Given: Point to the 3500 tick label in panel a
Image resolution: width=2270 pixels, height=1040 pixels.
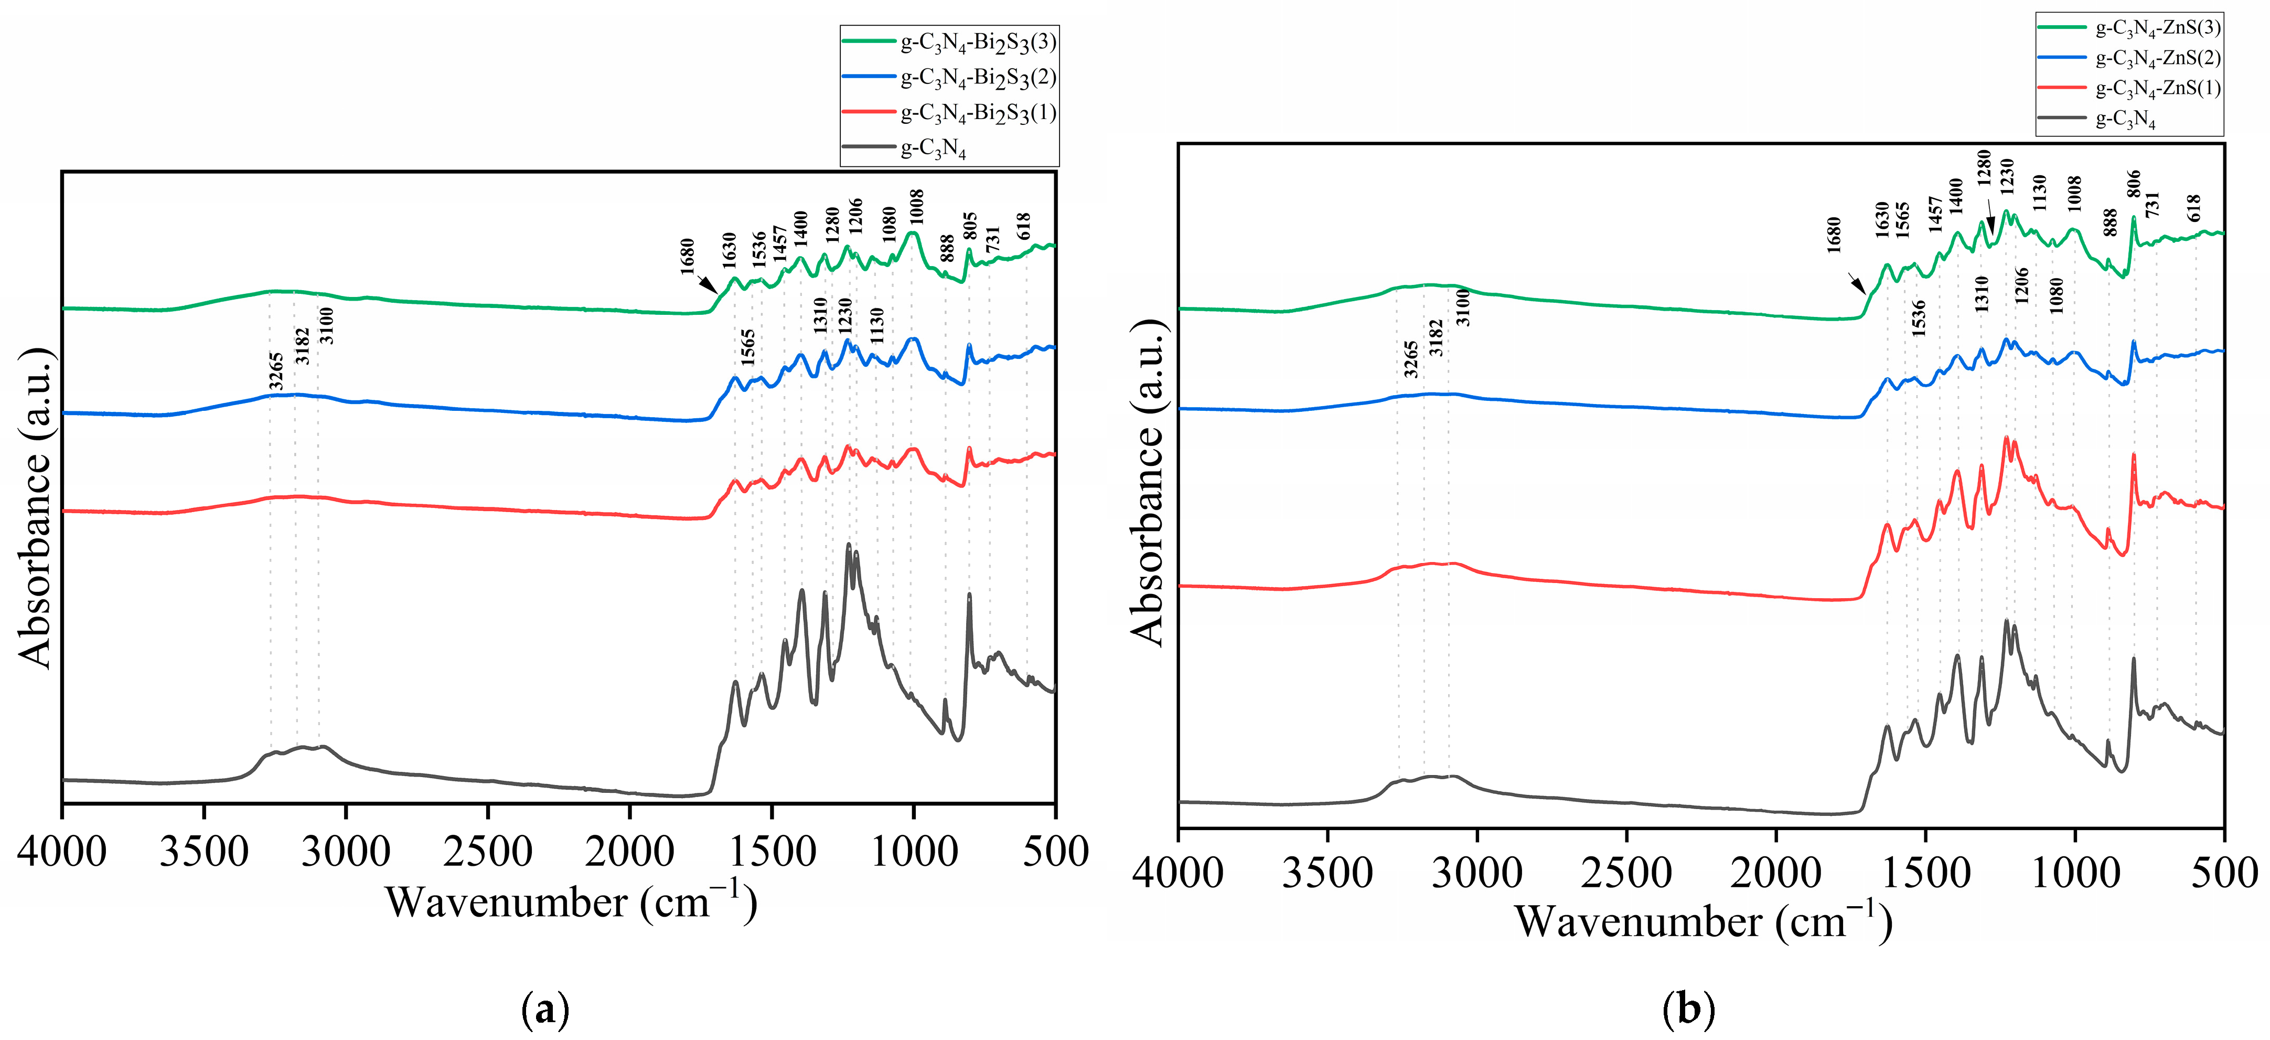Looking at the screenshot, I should coord(204,852).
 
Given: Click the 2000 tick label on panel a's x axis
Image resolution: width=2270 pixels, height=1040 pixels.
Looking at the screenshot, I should coord(629,852).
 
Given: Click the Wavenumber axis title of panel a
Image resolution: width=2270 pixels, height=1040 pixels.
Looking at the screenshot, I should coord(570,901).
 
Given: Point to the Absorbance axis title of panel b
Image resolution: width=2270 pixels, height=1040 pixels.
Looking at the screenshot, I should coord(1148,482).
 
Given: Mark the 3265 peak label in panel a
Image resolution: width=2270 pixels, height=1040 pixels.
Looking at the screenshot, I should coord(276,371).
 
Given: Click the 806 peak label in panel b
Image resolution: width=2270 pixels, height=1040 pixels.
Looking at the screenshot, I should coord(2134,184).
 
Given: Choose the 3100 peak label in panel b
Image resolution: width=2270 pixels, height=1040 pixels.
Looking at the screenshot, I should coord(1463,307).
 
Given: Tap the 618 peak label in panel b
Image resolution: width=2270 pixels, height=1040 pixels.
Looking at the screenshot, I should coord(2194,208).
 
